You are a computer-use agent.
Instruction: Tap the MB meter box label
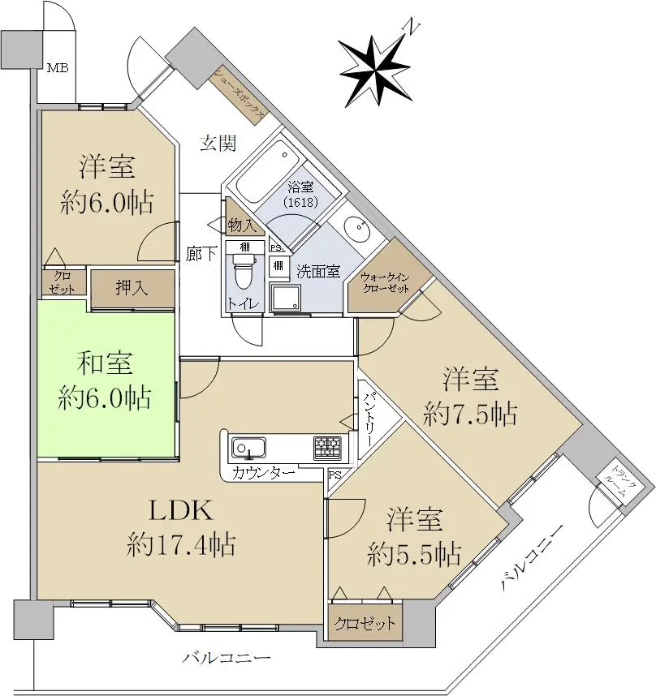tap(57, 67)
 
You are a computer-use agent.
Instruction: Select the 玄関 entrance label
tap(218, 144)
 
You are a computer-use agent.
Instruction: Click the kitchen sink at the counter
tap(248, 448)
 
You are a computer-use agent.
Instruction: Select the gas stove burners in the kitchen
tap(328, 447)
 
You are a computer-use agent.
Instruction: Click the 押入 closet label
tap(132, 289)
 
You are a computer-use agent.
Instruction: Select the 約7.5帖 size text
tap(470, 415)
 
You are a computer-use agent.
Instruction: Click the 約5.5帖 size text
tap(414, 554)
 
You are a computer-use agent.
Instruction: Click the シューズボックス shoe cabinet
tap(239, 96)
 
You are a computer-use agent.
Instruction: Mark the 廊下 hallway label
tap(201, 253)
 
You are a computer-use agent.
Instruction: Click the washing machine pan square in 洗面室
tap(287, 298)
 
